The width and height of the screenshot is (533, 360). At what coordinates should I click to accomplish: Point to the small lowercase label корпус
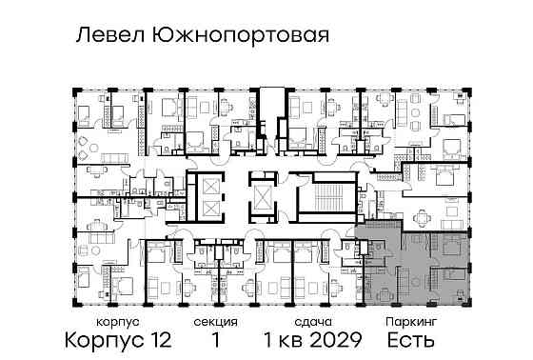point(102,323)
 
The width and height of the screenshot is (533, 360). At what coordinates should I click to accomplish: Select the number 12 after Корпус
point(159,340)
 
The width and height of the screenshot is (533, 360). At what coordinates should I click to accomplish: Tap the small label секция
point(220,323)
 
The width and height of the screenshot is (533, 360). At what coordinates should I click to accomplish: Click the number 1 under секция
point(220,340)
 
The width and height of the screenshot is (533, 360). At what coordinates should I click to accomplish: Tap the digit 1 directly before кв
point(269,340)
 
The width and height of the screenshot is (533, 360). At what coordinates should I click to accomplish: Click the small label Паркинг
point(412,323)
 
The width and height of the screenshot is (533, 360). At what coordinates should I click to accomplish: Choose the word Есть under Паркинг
point(411,340)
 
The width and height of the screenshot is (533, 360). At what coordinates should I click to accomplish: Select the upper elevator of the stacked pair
point(208,187)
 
